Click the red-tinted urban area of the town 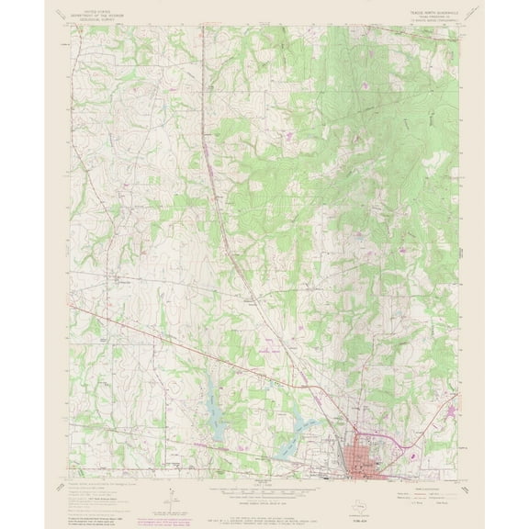pyautogui.click(x=359, y=451)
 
